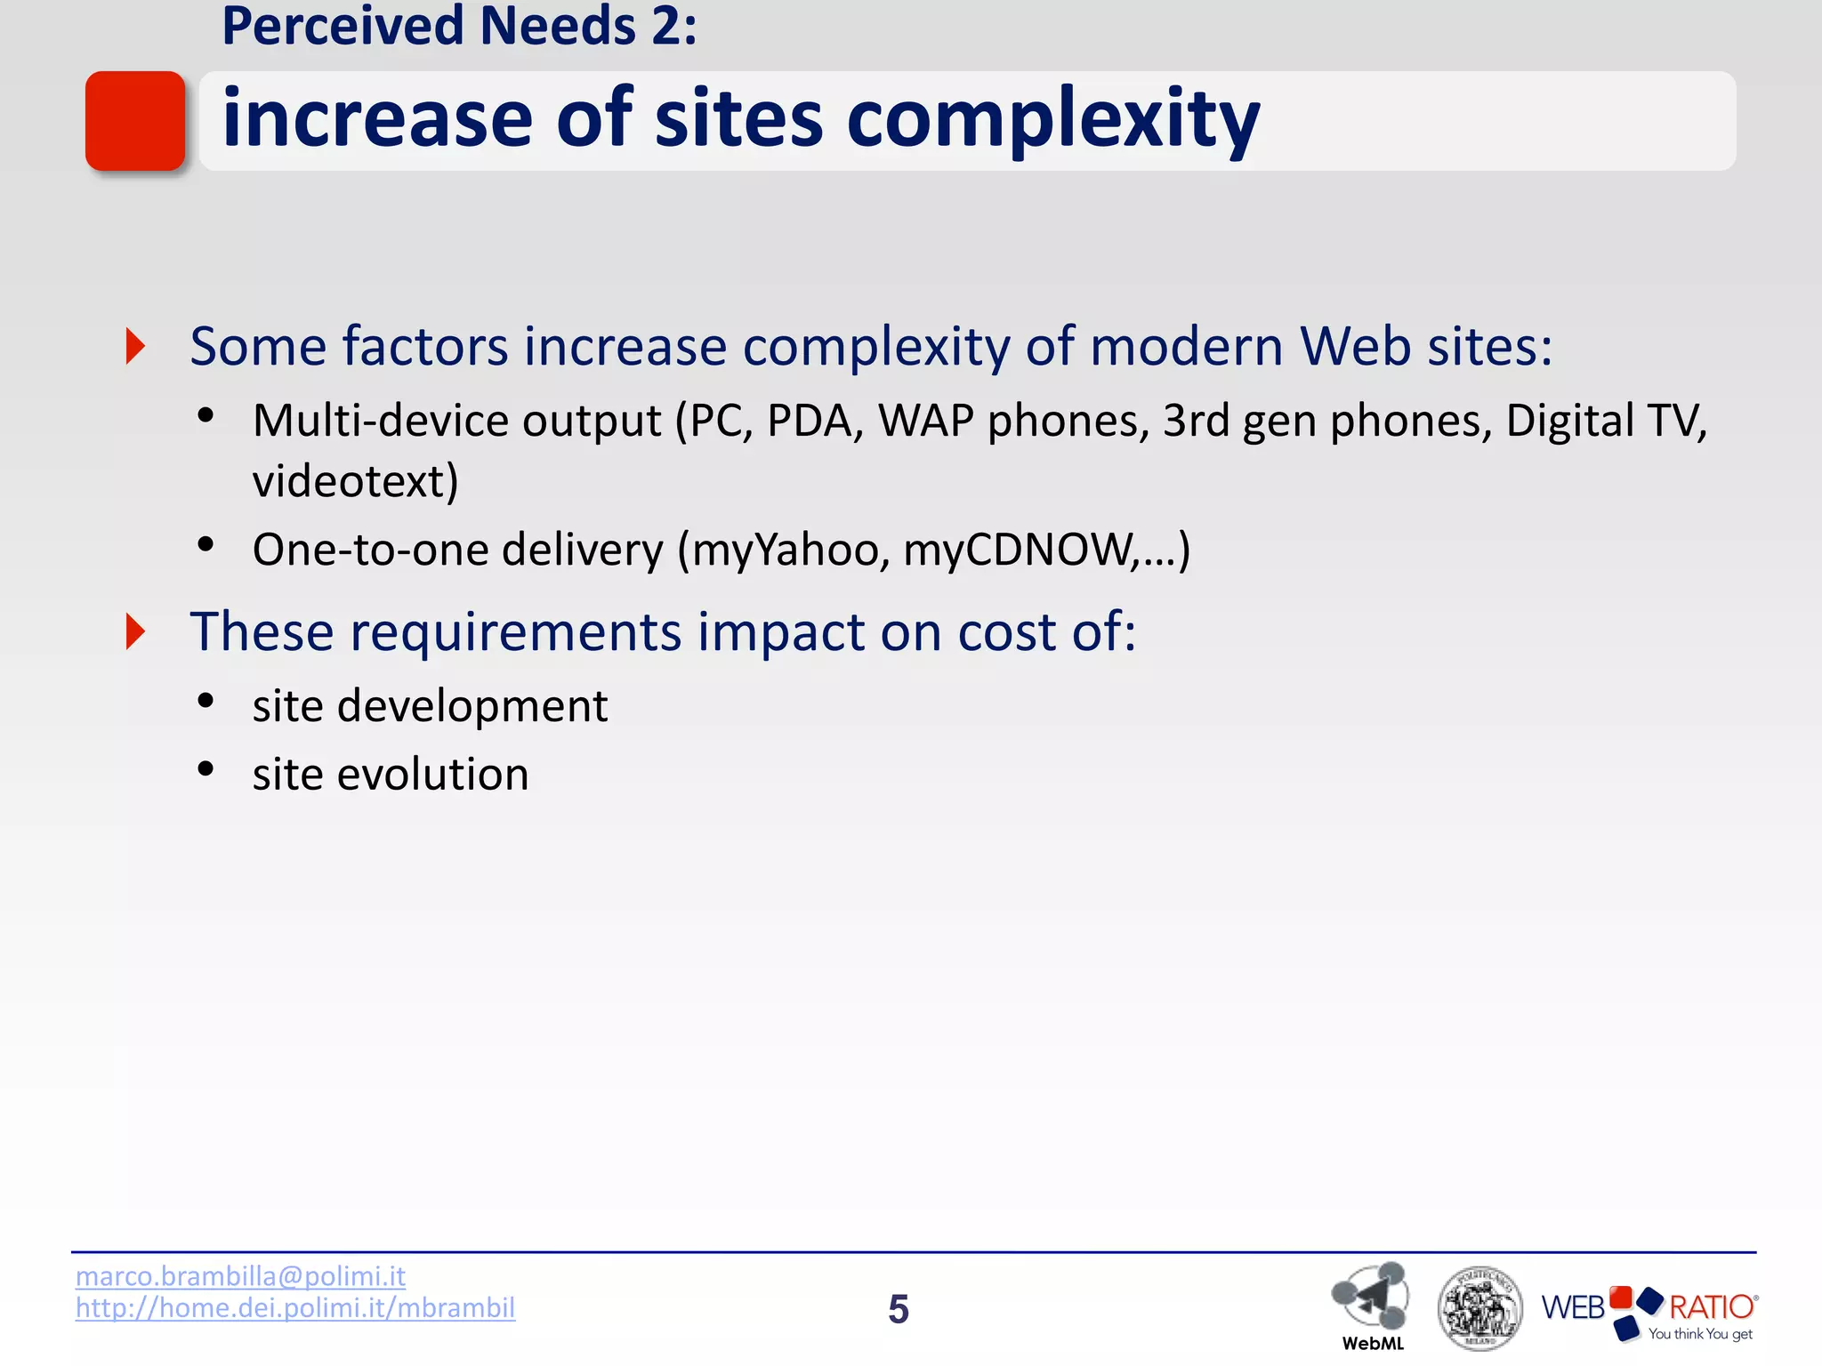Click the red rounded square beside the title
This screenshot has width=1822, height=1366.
(135, 121)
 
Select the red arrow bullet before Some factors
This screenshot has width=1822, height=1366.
(135, 346)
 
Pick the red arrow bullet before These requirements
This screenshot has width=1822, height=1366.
(135, 631)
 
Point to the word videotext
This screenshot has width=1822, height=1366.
(355, 481)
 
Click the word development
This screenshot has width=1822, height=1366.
(472, 706)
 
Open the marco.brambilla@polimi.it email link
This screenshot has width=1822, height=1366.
(240, 1276)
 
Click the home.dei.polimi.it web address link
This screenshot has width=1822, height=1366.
(295, 1308)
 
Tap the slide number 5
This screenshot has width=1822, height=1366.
(899, 1309)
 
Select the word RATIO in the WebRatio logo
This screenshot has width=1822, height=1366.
(1710, 1306)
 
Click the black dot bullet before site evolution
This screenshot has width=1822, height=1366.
(206, 769)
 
